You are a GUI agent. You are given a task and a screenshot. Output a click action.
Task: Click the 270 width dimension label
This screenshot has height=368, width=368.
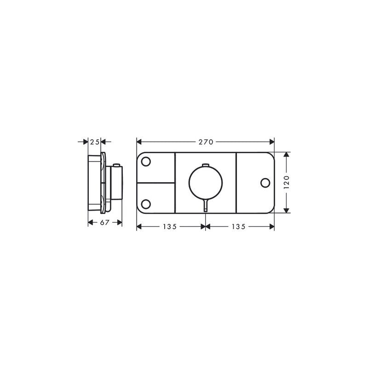[206, 142]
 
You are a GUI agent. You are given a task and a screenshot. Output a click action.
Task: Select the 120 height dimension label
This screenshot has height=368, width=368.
[286, 182]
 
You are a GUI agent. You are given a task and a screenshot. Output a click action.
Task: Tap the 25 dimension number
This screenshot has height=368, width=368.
[95, 142]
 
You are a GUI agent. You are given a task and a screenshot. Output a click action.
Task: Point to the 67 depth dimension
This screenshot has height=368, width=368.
[105, 223]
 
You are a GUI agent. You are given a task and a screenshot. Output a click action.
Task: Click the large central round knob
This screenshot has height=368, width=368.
[205, 182]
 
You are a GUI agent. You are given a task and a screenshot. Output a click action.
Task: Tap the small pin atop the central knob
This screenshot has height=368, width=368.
[205, 165]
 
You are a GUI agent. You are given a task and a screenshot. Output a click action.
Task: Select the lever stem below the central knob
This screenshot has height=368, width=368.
[205, 206]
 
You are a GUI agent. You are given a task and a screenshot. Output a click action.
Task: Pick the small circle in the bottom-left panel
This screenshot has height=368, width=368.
[147, 203]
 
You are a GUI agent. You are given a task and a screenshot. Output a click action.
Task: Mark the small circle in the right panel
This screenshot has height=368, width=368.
[264, 183]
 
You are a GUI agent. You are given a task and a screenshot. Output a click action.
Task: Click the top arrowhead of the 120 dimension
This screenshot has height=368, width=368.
[286, 155]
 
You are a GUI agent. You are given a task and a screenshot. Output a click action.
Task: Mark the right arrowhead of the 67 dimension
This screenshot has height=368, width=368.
[120, 223]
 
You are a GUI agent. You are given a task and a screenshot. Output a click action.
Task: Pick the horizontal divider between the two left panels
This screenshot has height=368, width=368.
[156, 182]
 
